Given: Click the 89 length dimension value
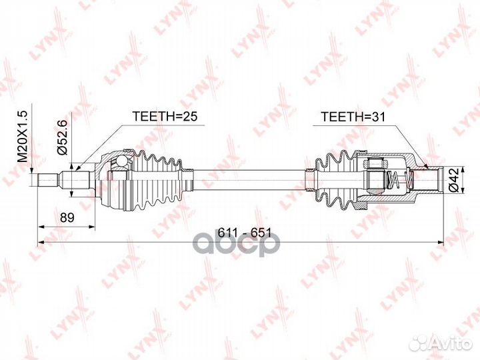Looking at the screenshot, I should point(65,218).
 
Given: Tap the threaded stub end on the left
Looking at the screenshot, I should point(48,179).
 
